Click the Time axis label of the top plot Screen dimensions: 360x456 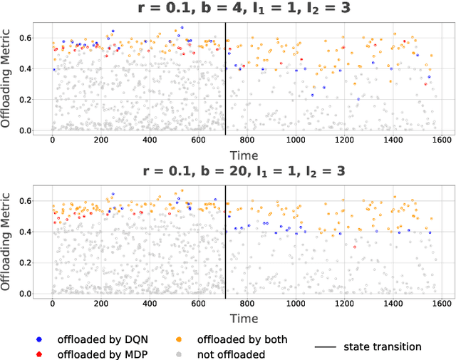pos(244,155)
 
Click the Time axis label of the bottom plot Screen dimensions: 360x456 pos(244,317)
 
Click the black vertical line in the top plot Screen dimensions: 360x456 pos(226,78)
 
